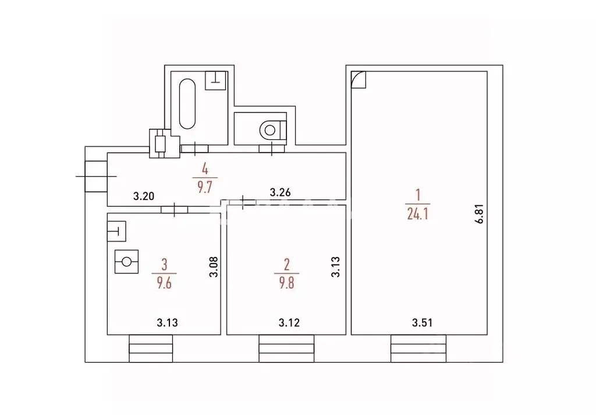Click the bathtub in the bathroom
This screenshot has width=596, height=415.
point(187,104)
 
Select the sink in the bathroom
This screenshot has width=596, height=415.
point(215,80)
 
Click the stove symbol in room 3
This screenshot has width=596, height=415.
point(126,262)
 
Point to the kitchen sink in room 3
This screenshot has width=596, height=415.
point(116,231)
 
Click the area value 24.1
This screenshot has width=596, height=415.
point(418,214)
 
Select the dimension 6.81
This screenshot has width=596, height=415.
point(480,214)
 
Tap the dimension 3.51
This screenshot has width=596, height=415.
point(423,323)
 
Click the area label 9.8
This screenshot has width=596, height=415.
point(286,283)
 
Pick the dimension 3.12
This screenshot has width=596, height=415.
point(289,323)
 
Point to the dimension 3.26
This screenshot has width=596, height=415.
point(280,192)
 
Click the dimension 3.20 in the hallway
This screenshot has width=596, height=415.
point(144,196)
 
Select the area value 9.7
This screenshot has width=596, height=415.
point(204,188)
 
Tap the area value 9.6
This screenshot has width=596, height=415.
point(164,283)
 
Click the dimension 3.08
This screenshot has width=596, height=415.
point(214,268)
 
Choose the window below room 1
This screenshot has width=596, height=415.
point(418,349)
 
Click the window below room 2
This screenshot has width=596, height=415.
point(286,349)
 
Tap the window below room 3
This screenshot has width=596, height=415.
point(151,349)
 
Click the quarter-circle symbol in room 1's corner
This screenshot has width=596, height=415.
point(359,80)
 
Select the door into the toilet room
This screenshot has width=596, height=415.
point(272,149)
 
